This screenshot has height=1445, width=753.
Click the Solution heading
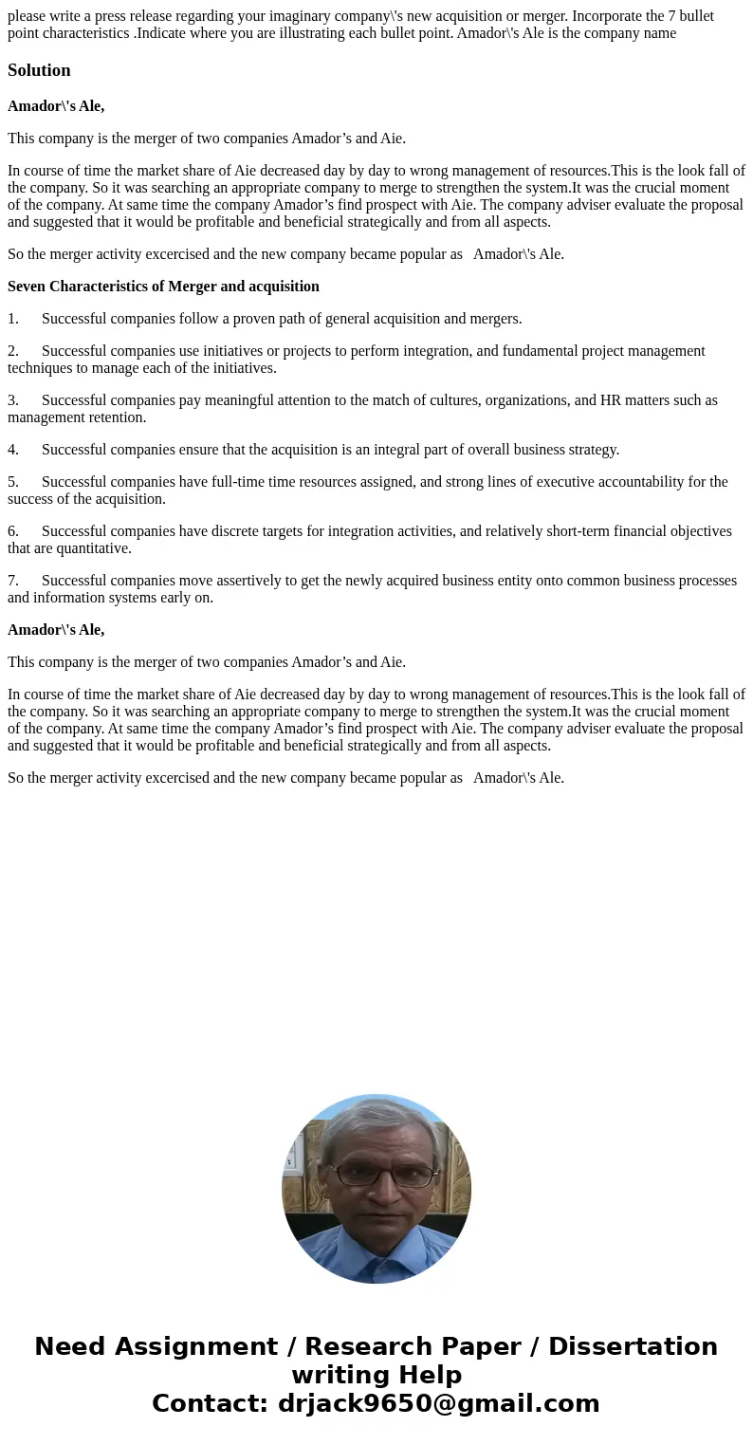point(39,70)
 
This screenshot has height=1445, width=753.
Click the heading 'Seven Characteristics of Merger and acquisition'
point(163,287)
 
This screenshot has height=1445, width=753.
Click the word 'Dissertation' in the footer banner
point(633,1347)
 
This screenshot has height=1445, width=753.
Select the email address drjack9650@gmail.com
point(438,1404)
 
